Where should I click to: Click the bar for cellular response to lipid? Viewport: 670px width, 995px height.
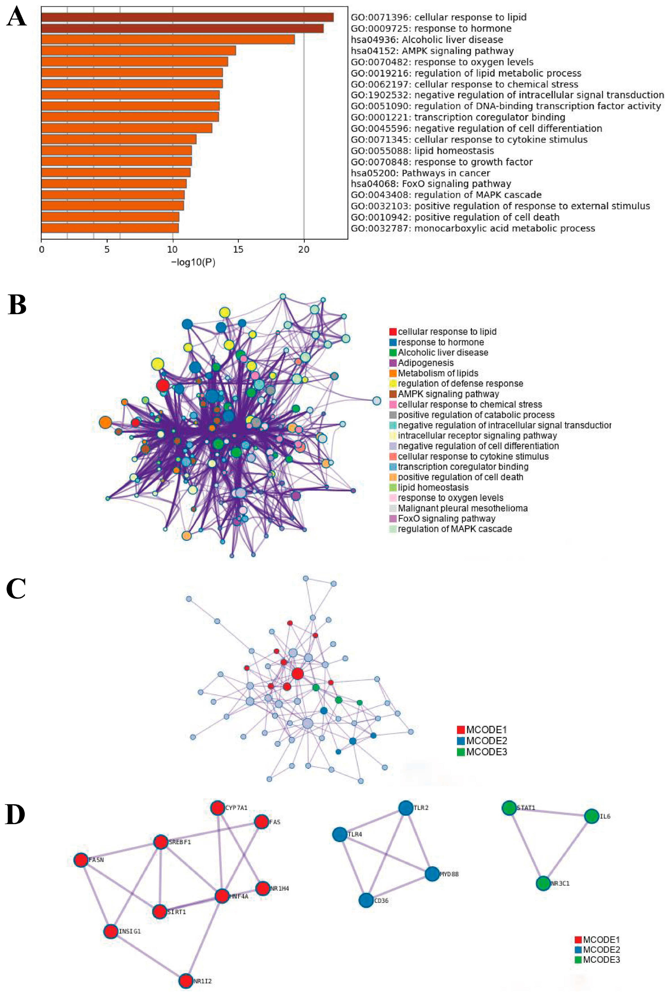[x=187, y=17]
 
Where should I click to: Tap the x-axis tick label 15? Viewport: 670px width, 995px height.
[x=238, y=249]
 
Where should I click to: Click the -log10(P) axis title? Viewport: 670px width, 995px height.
[x=193, y=262]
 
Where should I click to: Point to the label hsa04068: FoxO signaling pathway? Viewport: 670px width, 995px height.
[x=431, y=184]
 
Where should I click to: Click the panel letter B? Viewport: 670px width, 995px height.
[x=17, y=305]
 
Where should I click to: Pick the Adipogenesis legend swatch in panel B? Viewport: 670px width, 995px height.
[x=393, y=363]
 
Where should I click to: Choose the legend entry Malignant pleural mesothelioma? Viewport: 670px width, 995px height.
[x=462, y=508]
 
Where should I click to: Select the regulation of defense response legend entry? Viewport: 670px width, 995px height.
[x=460, y=383]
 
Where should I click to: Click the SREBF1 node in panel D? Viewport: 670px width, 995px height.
[x=161, y=842]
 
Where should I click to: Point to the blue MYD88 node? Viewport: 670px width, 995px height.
[x=432, y=874]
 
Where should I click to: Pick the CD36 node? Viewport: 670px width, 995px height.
[x=366, y=900]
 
